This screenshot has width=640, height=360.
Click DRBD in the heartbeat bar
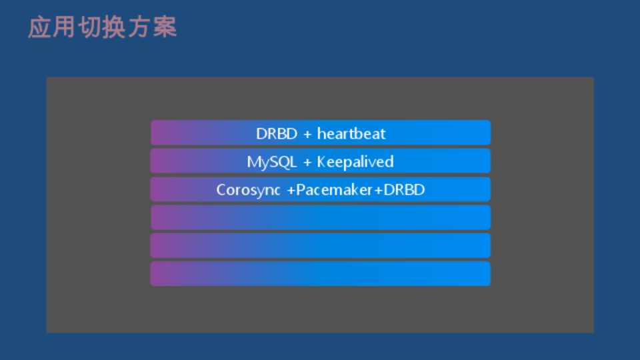point(276,134)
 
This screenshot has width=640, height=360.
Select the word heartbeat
point(351,134)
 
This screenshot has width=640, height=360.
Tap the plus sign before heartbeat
point(307,134)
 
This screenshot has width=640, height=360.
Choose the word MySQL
point(271,162)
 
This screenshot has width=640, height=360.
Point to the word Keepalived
point(355,162)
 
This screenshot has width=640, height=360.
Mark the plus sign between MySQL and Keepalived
point(307,163)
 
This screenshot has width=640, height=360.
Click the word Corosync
point(248,190)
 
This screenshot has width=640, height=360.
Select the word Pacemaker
point(334,190)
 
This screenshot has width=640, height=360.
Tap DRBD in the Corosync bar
point(404,190)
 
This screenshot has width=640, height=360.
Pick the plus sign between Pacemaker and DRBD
point(378,190)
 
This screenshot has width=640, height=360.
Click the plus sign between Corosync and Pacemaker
point(291,190)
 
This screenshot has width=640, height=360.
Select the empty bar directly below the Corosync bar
point(321,217)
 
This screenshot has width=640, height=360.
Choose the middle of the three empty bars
point(321,245)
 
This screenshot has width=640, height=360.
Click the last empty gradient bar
point(321,273)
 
